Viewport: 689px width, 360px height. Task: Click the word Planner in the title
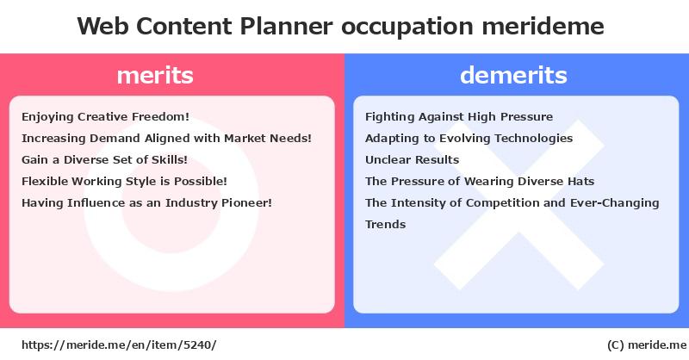pyautogui.click(x=286, y=26)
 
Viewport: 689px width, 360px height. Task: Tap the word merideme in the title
pyautogui.click(x=543, y=26)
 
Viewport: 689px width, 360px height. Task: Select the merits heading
pyautogui.click(x=155, y=75)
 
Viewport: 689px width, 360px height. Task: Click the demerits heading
pyautogui.click(x=513, y=75)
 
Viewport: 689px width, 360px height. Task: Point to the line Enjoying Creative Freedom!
pyautogui.click(x=105, y=116)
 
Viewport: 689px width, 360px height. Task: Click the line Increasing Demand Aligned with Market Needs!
pyautogui.click(x=166, y=138)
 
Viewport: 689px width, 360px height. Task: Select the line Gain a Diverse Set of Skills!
pyautogui.click(x=104, y=159)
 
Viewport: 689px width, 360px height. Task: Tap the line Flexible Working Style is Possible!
pyautogui.click(x=124, y=181)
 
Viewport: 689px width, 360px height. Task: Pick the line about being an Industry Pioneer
pyautogui.click(x=146, y=202)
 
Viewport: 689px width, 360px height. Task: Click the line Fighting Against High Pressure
pyautogui.click(x=459, y=116)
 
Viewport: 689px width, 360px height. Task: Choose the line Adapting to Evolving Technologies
pyautogui.click(x=469, y=138)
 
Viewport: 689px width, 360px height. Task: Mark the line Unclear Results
pyautogui.click(x=413, y=159)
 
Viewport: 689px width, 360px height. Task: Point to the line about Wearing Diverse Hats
pyautogui.click(x=480, y=181)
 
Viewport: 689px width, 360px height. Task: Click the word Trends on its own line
pyautogui.click(x=385, y=224)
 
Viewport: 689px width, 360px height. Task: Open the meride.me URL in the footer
pyautogui.click(x=119, y=344)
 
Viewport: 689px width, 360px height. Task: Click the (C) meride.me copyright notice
pyautogui.click(x=647, y=345)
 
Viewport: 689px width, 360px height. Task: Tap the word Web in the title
pyautogui.click(x=102, y=26)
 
